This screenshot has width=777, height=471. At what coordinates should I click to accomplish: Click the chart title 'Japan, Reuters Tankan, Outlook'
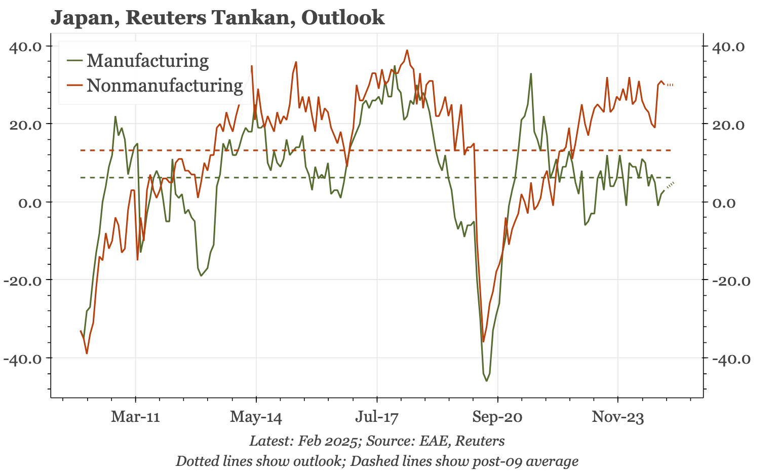pyautogui.click(x=217, y=18)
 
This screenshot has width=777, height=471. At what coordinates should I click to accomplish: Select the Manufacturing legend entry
pyautogui.click(x=147, y=61)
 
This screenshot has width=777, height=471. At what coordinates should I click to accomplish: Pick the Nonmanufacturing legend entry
pyautogui.click(x=164, y=86)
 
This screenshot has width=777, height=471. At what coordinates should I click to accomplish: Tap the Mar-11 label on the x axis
pyautogui.click(x=135, y=417)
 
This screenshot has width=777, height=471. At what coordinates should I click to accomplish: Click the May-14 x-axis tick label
pyautogui.click(x=256, y=417)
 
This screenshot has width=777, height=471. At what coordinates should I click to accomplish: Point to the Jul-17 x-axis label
pyautogui.click(x=376, y=417)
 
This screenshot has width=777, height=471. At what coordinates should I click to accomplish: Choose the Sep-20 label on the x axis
pyautogui.click(x=497, y=417)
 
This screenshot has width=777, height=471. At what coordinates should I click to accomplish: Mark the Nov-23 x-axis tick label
pyautogui.click(x=618, y=417)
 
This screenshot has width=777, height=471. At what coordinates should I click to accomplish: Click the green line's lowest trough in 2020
pyautogui.click(x=487, y=381)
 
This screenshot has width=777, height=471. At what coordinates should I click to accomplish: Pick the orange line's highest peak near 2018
pyautogui.click(x=407, y=50)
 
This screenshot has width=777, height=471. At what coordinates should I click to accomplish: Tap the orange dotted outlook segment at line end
pyautogui.click(x=670, y=85)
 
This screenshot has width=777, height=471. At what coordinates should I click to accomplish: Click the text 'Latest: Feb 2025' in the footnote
pyautogui.click(x=303, y=441)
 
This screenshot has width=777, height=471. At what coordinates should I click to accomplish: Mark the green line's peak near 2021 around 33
pyautogui.click(x=531, y=73)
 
